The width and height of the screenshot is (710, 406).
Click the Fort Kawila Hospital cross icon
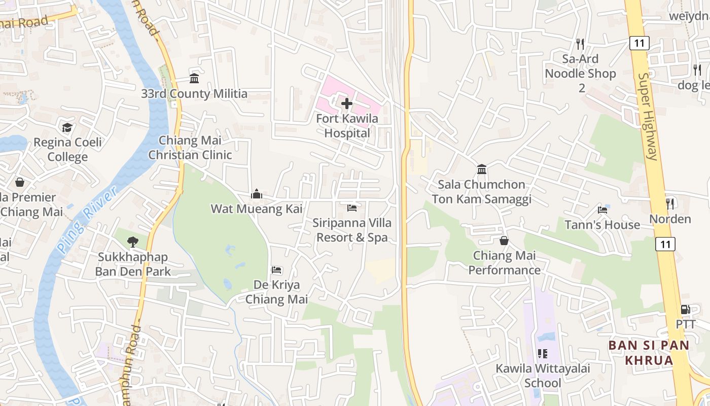tap(347, 104)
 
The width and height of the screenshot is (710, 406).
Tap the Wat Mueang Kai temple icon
tap(257, 194)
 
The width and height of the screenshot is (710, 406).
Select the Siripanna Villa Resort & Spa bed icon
tap(352, 208)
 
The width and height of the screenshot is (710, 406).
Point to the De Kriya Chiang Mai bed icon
tap(276, 270)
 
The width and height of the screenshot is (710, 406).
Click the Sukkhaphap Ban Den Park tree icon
tap(133, 242)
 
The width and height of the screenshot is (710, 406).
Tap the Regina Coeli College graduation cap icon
tap(67, 127)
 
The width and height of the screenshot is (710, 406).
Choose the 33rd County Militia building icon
tap(194, 79)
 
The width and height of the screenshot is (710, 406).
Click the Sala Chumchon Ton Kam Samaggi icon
tap(482, 169)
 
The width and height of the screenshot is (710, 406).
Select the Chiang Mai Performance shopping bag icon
tap(504, 241)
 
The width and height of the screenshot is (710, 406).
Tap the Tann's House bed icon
tap(602, 210)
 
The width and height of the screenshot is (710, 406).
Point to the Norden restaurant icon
tap(670, 204)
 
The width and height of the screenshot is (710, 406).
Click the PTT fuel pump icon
tap(685, 309)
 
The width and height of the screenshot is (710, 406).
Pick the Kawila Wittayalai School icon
tap(543, 354)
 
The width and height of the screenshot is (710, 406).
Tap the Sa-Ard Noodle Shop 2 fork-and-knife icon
tap(581, 44)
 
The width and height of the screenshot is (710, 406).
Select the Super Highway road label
tap(648, 117)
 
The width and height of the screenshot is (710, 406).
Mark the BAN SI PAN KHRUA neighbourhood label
tap(649, 353)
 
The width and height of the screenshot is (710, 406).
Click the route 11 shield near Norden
tap(665, 245)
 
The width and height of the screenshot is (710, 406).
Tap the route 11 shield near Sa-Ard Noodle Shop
tap(640, 43)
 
